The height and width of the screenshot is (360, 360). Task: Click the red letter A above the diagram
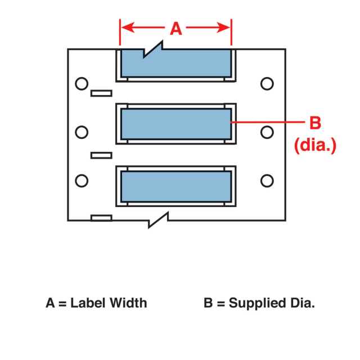tap(176, 29)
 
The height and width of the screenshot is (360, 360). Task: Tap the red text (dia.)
tap(315, 145)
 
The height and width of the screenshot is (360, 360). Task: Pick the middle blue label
tap(175, 124)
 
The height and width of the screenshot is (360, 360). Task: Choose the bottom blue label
tap(175, 185)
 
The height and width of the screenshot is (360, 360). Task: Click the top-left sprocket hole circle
tap(82, 84)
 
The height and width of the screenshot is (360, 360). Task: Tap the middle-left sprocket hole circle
tap(82, 132)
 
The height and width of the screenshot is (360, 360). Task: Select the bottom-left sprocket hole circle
tap(82, 181)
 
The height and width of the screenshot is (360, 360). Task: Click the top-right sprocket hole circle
tap(267, 84)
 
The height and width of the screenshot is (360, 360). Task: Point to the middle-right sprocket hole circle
tap(267, 132)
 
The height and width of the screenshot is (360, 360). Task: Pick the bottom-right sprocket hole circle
tap(267, 181)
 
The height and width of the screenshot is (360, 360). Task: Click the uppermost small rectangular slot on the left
tap(101, 93)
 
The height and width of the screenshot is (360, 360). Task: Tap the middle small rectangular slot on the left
tap(101, 155)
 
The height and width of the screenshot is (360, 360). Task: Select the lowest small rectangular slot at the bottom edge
tap(101, 218)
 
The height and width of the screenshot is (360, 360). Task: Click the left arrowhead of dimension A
tap(125, 28)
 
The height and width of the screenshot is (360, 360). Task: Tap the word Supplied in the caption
tap(251, 303)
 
